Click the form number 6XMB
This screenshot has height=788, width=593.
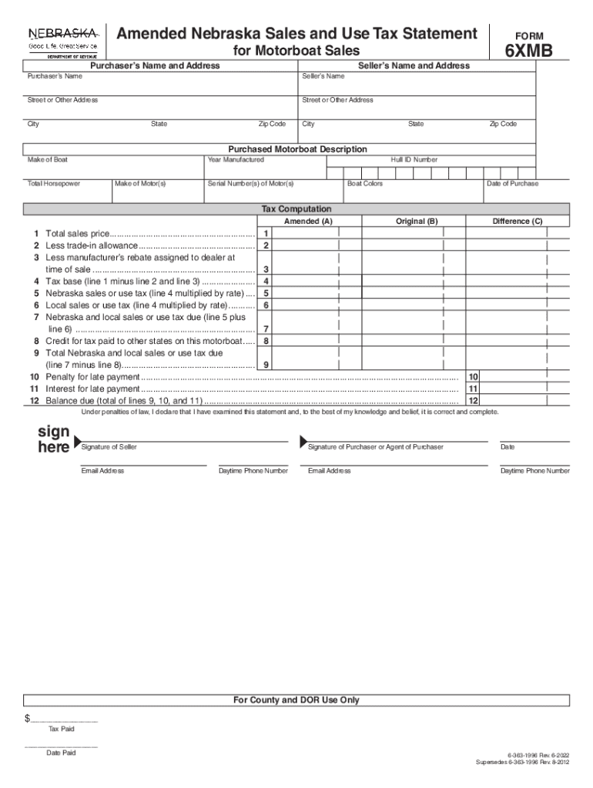pyautogui.click(x=528, y=52)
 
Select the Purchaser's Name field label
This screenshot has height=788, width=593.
pyautogui.click(x=55, y=77)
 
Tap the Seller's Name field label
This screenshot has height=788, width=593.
pyautogui.click(x=323, y=77)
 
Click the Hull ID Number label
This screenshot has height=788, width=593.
pyautogui.click(x=414, y=160)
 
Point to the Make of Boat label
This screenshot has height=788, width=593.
pyautogui.click(x=48, y=160)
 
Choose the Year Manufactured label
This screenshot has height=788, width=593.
pyautogui.click(x=236, y=160)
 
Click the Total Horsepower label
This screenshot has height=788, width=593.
pyautogui.click(x=54, y=184)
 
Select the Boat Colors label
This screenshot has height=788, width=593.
pyautogui.click(x=365, y=184)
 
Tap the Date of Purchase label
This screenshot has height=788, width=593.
pyautogui.click(x=512, y=184)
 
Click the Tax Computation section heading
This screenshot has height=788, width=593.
pyautogui.click(x=296, y=209)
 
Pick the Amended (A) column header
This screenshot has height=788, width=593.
pyautogui.click(x=308, y=222)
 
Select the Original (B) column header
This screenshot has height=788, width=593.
pyautogui.click(x=417, y=222)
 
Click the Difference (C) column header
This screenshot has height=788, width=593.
pyautogui.click(x=518, y=222)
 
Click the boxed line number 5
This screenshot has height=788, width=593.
pyautogui.click(x=266, y=293)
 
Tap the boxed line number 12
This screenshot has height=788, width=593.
pyautogui.click(x=474, y=401)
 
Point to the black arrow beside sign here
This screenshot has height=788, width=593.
pyautogui.click(x=77, y=442)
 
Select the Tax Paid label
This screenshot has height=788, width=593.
pyautogui.click(x=62, y=729)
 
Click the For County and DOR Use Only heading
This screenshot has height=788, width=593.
pyautogui.click(x=296, y=700)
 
